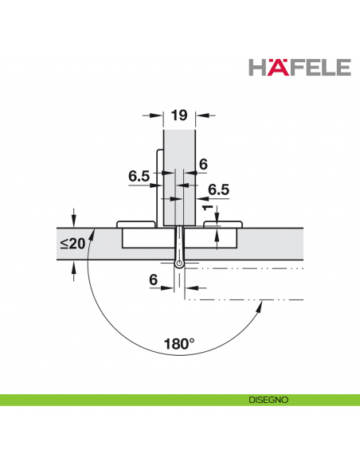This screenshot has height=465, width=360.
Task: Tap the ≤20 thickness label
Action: [72, 243]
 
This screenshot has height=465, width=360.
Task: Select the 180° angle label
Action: [180, 344]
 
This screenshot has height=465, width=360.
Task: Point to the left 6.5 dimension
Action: [139, 177]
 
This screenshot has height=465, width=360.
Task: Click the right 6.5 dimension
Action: [218, 190]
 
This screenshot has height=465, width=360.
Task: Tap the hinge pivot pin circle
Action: [181, 263]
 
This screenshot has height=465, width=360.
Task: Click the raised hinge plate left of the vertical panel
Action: [135, 225]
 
